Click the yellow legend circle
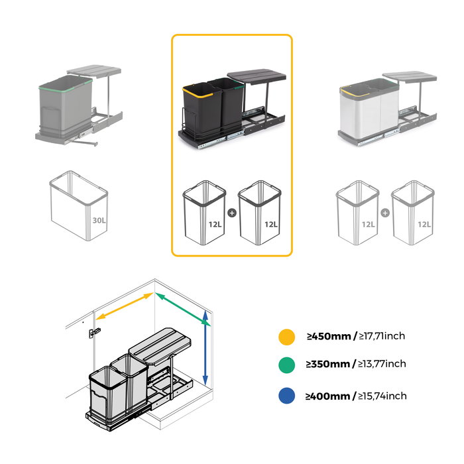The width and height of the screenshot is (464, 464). [x=286, y=337]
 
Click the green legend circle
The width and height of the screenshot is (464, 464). [x=286, y=364]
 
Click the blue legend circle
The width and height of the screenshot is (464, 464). [x=286, y=396]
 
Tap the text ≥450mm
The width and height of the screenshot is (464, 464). [x=328, y=337]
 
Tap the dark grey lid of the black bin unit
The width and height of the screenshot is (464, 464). [x=257, y=76]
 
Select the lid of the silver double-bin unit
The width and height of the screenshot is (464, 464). [x=410, y=77]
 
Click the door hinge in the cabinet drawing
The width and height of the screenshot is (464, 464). [x=96, y=332]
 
